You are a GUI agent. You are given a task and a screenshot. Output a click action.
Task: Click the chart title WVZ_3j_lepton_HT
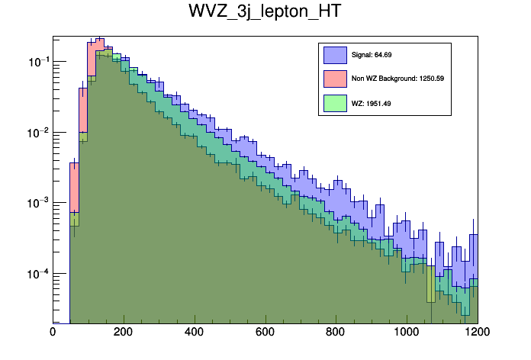tap(265, 12)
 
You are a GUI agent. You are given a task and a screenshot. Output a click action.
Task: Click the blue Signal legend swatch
tap(336, 55)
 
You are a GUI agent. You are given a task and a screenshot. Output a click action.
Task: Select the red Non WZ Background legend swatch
tap(336, 79)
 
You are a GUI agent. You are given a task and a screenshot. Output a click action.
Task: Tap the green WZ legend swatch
tap(336, 103)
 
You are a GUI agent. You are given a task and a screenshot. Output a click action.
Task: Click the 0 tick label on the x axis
tap(53, 332)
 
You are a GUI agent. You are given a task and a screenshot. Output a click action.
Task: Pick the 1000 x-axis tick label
tap(405, 332)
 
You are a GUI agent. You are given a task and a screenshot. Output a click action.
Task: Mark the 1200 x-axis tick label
tap(476, 332)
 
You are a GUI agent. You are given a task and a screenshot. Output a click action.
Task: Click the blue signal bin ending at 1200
tap(473, 259)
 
